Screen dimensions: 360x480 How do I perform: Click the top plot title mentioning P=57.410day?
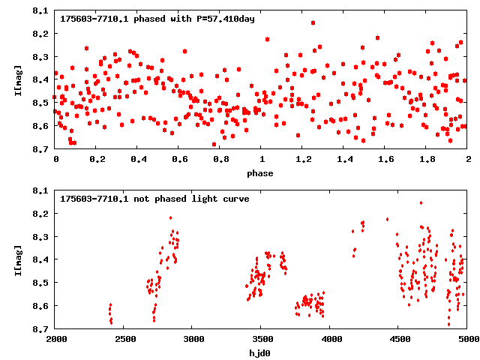157,19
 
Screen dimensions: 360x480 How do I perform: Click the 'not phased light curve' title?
154,199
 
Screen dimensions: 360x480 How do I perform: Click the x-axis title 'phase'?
261,173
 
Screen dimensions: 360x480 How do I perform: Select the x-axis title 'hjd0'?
261,353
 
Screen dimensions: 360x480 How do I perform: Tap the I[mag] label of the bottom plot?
17,259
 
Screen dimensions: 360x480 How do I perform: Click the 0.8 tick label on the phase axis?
220,160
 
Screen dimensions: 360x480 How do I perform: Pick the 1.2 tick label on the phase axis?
303,160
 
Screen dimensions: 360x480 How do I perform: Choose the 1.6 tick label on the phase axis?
385,160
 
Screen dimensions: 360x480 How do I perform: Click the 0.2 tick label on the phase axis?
97,160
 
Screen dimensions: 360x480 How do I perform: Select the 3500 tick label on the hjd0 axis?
261,340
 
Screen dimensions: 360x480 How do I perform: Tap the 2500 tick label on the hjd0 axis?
124,340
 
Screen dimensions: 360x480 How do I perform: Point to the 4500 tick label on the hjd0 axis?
398,340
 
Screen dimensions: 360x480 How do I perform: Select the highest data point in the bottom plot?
421,202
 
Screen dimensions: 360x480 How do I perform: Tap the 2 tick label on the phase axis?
467,160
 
